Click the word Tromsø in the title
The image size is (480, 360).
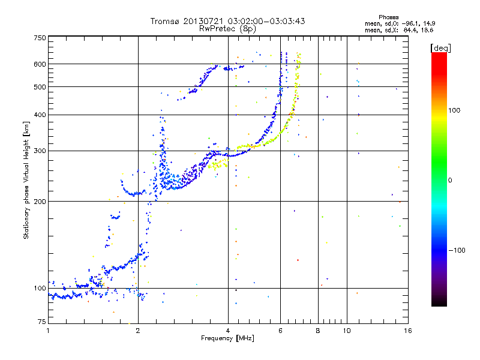click(165, 21)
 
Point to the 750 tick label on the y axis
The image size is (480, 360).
click(40, 38)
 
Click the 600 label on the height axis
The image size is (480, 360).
click(40, 64)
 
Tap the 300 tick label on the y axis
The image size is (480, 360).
click(40, 151)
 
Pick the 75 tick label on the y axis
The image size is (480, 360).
click(42, 322)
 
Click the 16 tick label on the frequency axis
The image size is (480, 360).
click(408, 331)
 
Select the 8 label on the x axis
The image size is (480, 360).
click(318, 331)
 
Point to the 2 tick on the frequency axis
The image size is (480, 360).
click(138, 331)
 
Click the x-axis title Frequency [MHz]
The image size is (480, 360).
click(228, 338)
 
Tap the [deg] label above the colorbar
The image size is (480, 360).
click(440, 49)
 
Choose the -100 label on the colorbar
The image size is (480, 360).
click(457, 250)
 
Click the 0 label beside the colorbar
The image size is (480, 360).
click(449, 181)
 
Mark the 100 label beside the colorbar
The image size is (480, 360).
click(454, 110)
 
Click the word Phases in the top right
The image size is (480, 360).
click(388, 17)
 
